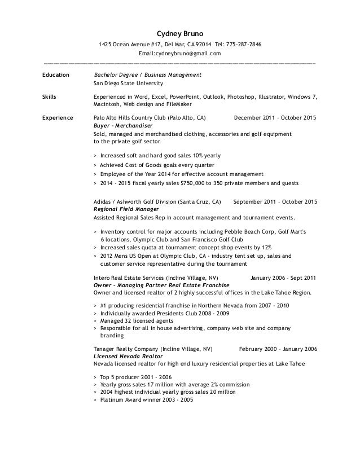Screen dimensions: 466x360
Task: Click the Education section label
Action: [56, 74]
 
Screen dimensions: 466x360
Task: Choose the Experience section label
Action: [58, 118]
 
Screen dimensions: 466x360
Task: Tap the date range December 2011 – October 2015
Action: [275, 118]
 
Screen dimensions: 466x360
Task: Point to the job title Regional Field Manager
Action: [128, 208]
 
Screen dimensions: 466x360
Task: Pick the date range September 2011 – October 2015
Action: [275, 201]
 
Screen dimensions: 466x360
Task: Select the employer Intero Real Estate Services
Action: [129, 278]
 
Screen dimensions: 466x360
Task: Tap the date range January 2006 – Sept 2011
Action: [283, 278]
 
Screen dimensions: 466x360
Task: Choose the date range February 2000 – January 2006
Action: [278, 349]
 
